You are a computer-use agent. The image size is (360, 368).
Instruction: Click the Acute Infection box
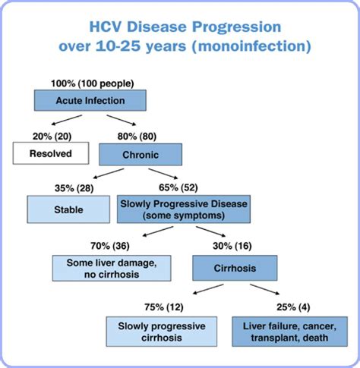pyautogui.click(x=90, y=100)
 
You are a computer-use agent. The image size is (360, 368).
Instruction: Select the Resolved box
pyautogui.click(x=51, y=153)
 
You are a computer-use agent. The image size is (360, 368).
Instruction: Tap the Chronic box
pyautogui.click(x=141, y=155)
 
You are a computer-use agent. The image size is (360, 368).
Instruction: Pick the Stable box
pyautogui.click(x=68, y=209)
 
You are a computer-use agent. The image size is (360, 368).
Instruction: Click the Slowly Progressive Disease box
pyautogui.click(x=184, y=209)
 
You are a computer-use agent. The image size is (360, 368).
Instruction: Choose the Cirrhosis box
pyautogui.click(x=235, y=268)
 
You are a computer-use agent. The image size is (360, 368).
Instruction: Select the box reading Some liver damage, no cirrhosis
pyautogui.click(x=112, y=269)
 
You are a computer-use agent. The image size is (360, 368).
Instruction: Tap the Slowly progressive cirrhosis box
pyautogui.click(x=162, y=332)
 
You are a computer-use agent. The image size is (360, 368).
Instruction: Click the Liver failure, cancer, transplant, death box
pyautogui.click(x=290, y=332)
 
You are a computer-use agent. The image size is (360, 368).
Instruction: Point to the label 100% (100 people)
pyautogui.click(x=93, y=83)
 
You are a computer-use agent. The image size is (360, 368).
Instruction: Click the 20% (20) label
pyautogui.click(x=52, y=137)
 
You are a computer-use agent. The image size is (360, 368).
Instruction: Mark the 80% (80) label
pyautogui.click(x=137, y=137)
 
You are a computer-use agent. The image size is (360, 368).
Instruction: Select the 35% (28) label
pyautogui.click(x=74, y=188)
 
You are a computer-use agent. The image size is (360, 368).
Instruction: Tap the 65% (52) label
pyautogui.click(x=178, y=187)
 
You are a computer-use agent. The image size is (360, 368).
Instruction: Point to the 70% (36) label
pyautogui.click(x=110, y=246)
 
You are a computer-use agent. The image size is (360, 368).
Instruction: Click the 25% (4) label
pyautogui.click(x=293, y=307)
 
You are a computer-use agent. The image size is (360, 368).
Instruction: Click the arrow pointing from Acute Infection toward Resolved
pyautogui.click(x=67, y=120)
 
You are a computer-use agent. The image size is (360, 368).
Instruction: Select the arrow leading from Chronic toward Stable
pyautogui.click(x=109, y=174)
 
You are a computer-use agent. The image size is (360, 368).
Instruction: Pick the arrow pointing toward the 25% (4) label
pyautogui.click(x=265, y=289)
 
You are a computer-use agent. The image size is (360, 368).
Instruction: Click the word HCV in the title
pyautogui.click(x=106, y=27)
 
